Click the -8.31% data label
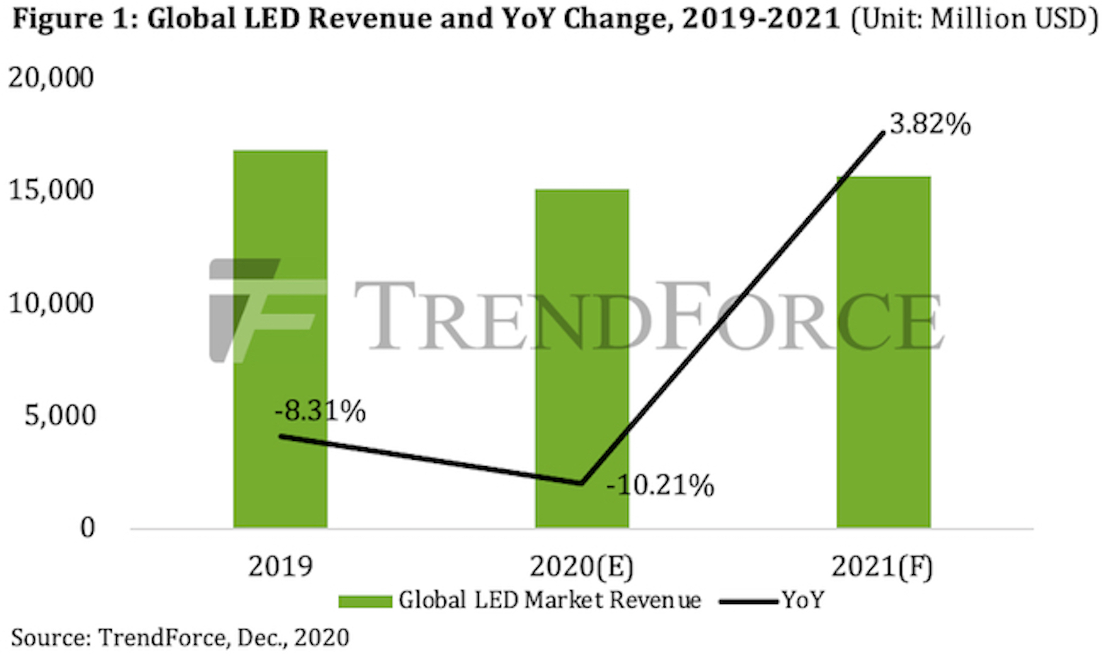tap(320, 411)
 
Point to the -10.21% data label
tap(660, 485)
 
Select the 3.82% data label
tap(930, 123)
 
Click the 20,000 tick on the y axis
tap(51, 78)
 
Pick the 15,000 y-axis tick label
tap(51, 190)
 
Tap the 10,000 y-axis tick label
tap(51, 303)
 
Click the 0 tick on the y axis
tap(87, 528)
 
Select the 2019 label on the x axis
tap(280, 566)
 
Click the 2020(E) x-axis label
tap(581, 567)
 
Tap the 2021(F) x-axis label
tap(882, 567)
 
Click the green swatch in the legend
tap(365, 601)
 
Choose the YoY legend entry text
tap(803, 600)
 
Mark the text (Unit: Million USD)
tap(973, 19)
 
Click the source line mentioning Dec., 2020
tap(180, 638)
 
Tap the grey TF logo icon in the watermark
tap(253, 310)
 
